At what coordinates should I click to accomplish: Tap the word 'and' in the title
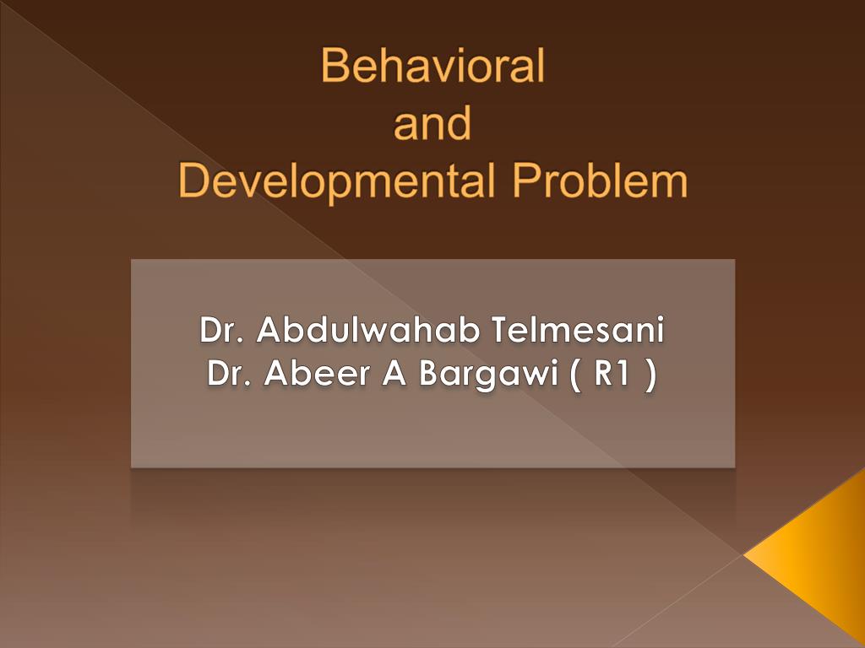432,124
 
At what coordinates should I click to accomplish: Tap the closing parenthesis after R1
649,374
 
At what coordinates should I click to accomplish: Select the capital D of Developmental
193,181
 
